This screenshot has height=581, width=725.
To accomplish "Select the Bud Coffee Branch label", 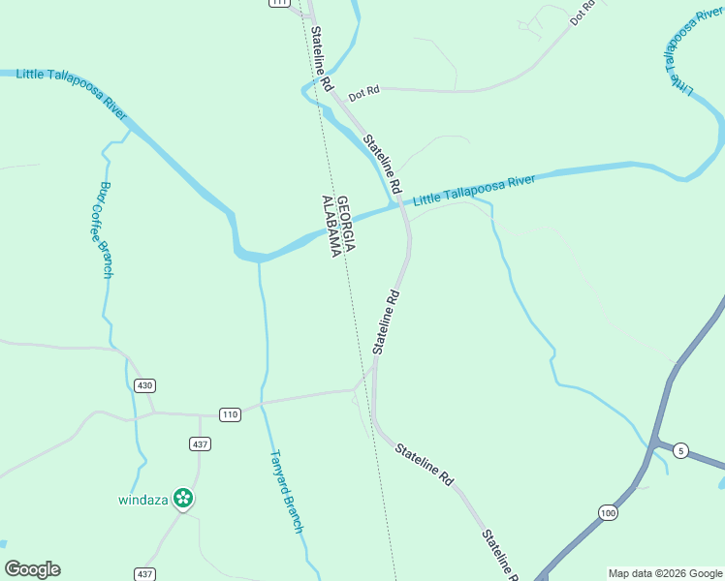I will tap(104, 229).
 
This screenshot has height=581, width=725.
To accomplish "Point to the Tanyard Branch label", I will tap(286, 492).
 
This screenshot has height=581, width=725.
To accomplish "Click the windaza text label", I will tap(143, 500).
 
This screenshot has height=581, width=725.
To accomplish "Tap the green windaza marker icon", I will tap(183, 499).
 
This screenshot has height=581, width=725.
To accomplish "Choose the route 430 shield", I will tap(144, 385).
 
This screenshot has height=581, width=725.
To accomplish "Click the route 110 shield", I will tap(229, 414).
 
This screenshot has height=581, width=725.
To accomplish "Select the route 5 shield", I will tap(681, 450).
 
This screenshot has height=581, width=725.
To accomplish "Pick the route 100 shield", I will tap(608, 512).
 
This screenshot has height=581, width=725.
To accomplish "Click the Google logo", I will tap(32, 569).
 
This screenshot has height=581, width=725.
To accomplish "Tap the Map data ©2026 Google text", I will tap(665, 573).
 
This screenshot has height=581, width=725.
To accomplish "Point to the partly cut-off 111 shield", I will tap(279, 3).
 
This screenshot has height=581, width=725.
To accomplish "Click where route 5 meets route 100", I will tap(651, 443).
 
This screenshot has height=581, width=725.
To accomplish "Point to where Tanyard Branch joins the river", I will tap(259, 259).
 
